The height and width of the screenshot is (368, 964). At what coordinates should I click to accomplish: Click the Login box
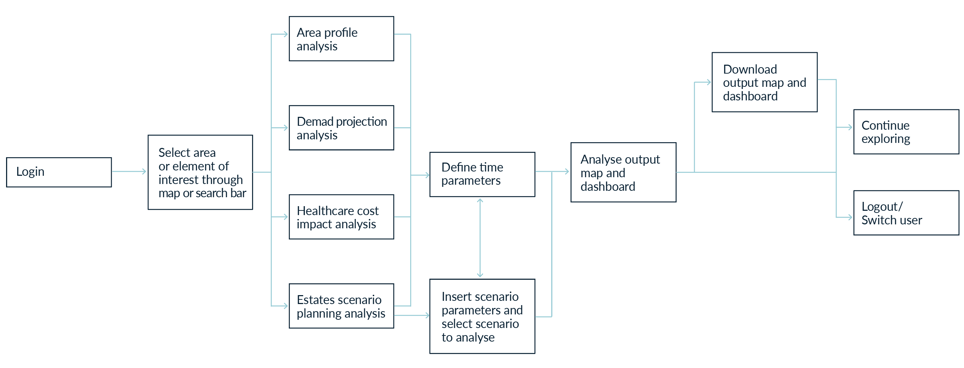pyautogui.click(x=59, y=172)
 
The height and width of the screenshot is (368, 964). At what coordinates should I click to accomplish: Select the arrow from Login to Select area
pyautogui.click(x=129, y=171)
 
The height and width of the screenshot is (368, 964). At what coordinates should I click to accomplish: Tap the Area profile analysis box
pyautogui.click(x=341, y=39)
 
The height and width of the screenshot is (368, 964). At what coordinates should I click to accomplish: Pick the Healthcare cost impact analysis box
pyautogui.click(x=341, y=217)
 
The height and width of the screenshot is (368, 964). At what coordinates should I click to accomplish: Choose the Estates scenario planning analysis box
pyautogui.click(x=341, y=306)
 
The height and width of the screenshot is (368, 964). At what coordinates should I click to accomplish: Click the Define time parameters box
pyautogui.click(x=482, y=174)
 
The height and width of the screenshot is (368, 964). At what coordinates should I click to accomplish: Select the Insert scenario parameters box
pyautogui.click(x=482, y=316)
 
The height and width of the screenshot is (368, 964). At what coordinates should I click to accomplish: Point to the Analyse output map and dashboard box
pyautogui.click(x=623, y=172)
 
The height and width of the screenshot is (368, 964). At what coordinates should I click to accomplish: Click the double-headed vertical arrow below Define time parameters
pyautogui.click(x=480, y=238)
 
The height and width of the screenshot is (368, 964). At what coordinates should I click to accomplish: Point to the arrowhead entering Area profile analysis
pyautogui.click(x=286, y=34)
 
